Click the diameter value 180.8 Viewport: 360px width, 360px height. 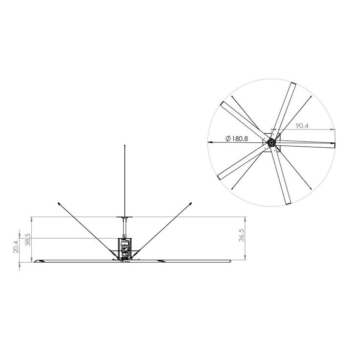coord(240,139)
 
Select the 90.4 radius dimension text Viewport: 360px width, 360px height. coord(302,126)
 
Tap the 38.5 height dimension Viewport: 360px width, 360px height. coord(28,240)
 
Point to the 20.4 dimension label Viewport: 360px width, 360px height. coord(16,247)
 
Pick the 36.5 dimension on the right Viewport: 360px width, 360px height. coord(242,235)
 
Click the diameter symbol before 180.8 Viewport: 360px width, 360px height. coord(228,139)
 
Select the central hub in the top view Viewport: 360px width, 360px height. coord(271,142)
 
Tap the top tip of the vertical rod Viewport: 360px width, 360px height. coord(125,146)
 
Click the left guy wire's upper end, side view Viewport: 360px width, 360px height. coord(59,203)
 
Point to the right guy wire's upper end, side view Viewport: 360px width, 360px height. coord(191,203)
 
